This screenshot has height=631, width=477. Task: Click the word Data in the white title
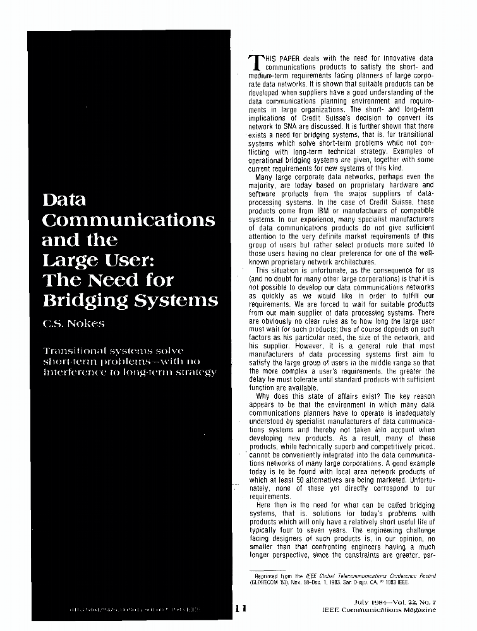[64, 201]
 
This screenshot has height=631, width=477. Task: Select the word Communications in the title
[128, 221]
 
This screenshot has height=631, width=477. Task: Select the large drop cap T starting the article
[257, 61]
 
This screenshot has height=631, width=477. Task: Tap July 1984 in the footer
[373, 603]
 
